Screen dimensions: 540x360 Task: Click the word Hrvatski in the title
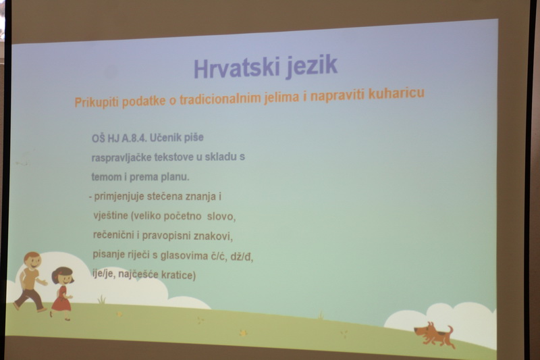tap(236, 68)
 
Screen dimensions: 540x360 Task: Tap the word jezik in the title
tap(311, 66)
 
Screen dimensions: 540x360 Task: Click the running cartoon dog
tap(434, 334)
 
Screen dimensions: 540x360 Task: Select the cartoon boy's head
tap(32, 261)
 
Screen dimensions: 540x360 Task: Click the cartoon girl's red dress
tap(61, 299)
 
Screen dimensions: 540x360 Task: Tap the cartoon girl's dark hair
tap(62, 273)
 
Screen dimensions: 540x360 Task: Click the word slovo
tap(221, 216)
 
